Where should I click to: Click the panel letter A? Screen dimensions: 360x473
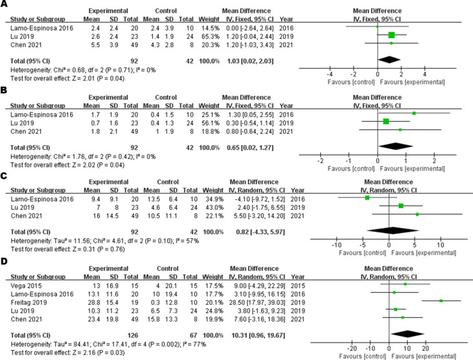(6, 6)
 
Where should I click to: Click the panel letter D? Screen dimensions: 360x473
(6, 263)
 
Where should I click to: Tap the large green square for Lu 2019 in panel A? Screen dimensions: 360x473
(391, 35)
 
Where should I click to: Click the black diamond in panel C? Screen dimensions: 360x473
(393, 229)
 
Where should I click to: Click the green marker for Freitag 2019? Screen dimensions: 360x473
(441, 301)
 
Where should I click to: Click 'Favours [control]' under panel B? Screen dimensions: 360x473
(347, 167)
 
